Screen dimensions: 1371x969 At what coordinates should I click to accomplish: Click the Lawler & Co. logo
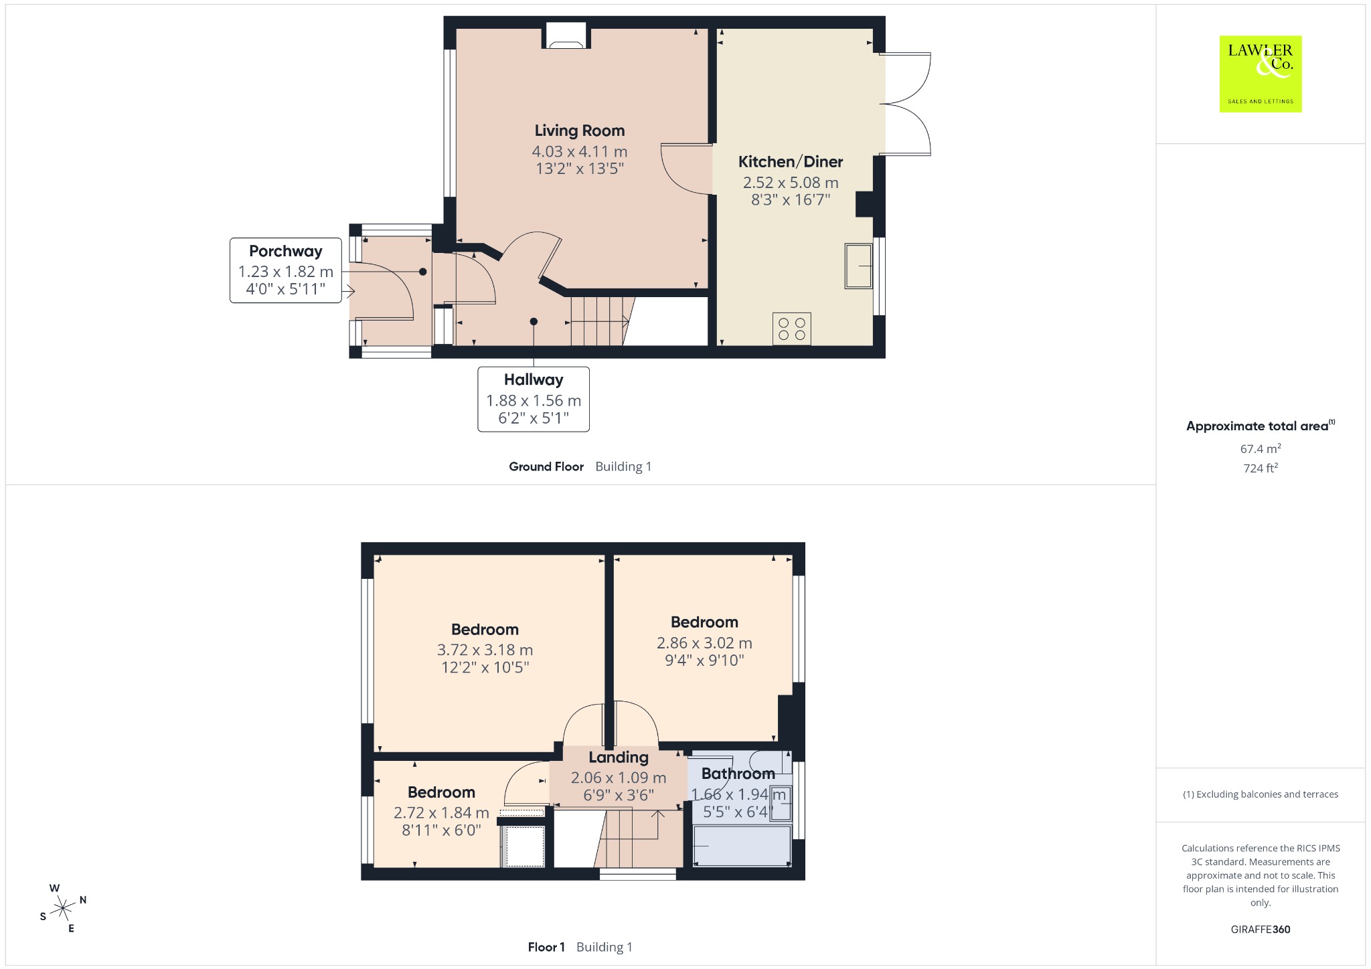pos(1261,74)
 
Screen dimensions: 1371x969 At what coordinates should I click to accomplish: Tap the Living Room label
pos(580,130)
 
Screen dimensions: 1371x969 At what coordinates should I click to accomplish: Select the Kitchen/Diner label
pos(791,161)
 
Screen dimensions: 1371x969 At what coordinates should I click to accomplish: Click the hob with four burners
pos(792,329)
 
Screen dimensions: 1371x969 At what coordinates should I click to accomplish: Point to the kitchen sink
pos(859,266)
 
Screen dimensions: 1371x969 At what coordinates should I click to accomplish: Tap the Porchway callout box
pos(286,270)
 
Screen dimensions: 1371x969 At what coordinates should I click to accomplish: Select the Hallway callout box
pos(534,399)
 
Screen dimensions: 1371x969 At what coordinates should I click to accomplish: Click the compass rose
pos(63,908)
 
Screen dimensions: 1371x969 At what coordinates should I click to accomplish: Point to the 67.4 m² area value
pos(1261,448)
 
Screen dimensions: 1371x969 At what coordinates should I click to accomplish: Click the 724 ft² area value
pos(1261,468)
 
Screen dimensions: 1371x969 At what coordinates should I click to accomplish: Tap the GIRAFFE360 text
pos(1261,929)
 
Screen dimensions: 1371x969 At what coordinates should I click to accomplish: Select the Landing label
pos(619,758)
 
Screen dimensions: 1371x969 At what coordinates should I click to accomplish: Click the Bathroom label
pos(738,774)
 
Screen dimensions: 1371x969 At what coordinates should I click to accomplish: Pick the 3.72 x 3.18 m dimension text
pos(485,650)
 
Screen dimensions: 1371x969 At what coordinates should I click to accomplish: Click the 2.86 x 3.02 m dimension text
pos(704,643)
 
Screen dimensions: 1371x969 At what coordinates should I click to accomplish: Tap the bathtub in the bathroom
pos(742,846)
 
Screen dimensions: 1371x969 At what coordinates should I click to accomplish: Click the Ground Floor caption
pos(546,466)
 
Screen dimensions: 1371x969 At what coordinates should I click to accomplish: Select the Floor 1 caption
pos(546,947)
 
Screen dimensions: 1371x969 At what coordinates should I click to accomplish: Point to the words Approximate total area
pos(1257,426)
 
